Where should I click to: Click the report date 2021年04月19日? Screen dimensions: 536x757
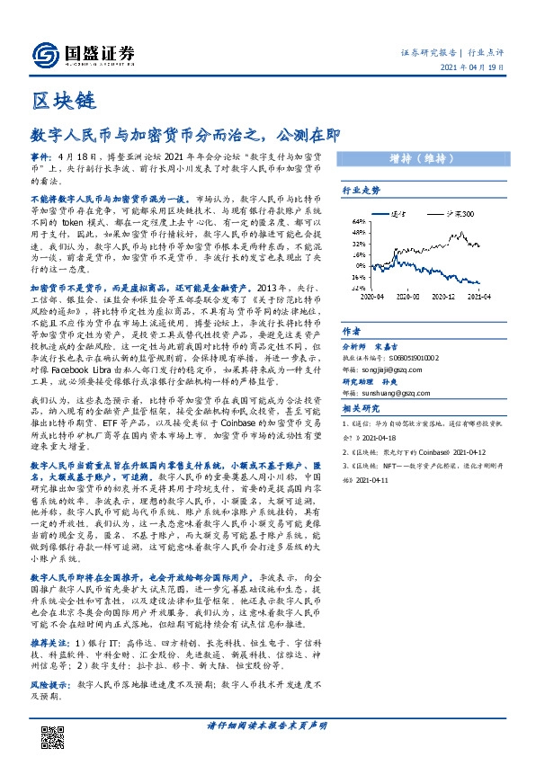[x=478, y=69]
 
